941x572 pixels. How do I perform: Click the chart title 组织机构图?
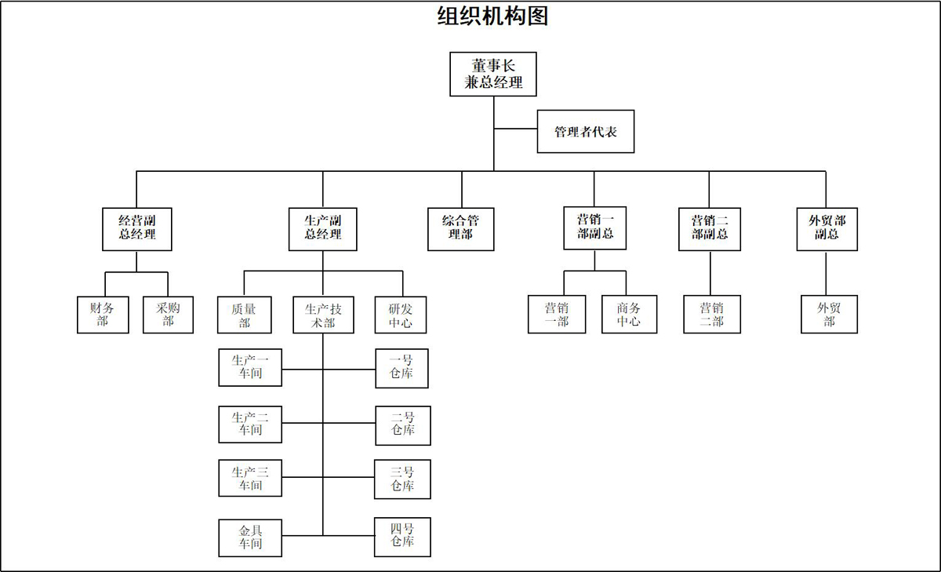click(492, 16)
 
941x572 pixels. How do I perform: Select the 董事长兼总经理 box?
click(493, 75)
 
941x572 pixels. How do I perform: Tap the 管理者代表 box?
click(585, 132)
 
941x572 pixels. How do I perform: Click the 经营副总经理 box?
click(136, 228)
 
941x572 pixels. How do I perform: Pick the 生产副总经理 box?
click(322, 228)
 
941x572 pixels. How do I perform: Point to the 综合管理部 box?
click(461, 228)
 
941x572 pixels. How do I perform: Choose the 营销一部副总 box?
click(594, 228)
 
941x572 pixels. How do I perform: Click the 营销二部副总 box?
click(710, 228)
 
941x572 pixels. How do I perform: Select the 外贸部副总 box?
click(827, 228)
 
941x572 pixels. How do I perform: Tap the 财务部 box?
click(103, 314)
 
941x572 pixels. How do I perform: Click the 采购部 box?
click(168, 314)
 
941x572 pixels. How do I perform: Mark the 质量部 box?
click(244, 314)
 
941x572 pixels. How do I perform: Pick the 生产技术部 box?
click(323, 314)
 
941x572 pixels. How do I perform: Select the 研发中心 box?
click(402, 314)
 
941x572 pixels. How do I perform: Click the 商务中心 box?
click(629, 314)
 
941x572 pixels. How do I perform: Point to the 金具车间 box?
click(250, 537)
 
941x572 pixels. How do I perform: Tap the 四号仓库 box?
click(402, 537)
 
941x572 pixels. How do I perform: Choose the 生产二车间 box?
click(250, 424)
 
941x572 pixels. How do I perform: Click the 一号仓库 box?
click(401, 368)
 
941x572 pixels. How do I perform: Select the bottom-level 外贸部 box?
click(829, 314)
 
